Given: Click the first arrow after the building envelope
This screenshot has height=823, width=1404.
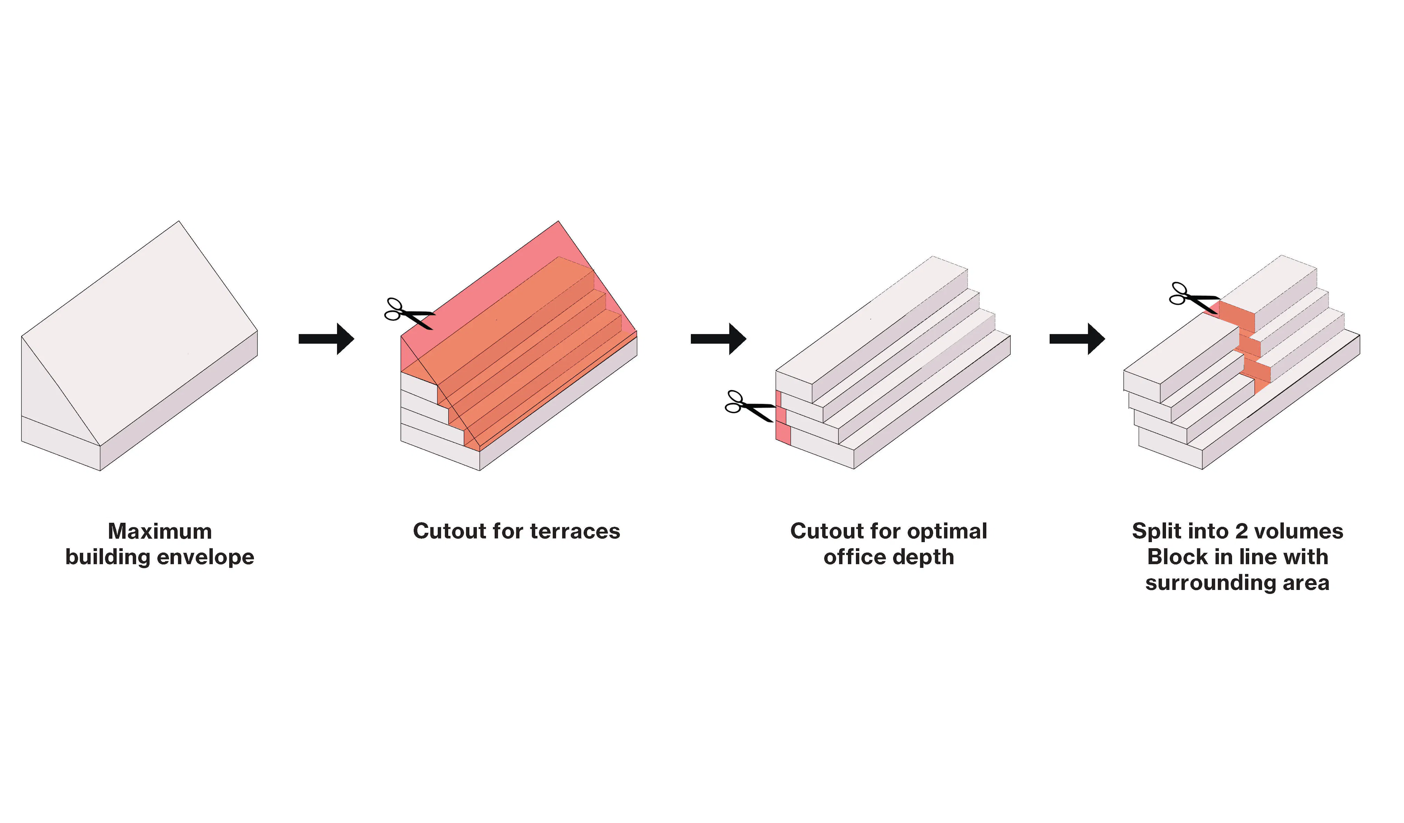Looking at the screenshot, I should (x=326, y=339).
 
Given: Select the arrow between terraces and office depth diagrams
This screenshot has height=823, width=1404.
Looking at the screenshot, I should (x=718, y=339).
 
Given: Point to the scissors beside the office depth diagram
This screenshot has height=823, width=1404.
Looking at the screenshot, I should (x=749, y=407).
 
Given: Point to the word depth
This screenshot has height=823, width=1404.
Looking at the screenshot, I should (x=929, y=557).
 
